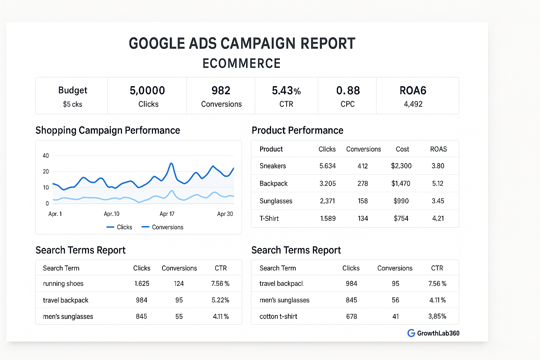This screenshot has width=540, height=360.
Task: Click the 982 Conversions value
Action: click(221, 91)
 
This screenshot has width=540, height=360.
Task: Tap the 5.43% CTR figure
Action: click(286, 91)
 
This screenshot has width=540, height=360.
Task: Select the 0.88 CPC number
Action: click(348, 91)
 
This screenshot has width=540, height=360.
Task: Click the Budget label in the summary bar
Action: click(73, 90)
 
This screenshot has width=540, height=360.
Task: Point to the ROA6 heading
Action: click(413, 91)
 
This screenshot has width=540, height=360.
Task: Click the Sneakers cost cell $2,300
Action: click(401, 166)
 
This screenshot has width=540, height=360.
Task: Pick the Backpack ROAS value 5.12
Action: click(438, 184)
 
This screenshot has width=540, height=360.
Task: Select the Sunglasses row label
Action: click(276, 201)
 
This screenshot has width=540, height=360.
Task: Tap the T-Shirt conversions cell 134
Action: click(363, 219)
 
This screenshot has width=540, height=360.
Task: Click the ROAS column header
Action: click(438, 149)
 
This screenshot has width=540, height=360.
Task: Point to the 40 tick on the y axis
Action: click(46, 156)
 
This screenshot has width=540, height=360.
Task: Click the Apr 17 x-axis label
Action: click(167, 214)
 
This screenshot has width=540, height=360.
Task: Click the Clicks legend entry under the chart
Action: click(120, 227)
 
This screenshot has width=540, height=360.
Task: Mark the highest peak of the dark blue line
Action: click(171, 163)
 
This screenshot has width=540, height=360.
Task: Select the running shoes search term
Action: click(63, 284)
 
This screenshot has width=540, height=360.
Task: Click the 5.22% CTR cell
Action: click(220, 300)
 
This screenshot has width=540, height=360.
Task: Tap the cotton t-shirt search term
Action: click(278, 316)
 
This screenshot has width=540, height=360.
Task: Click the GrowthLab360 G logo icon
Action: click(411, 333)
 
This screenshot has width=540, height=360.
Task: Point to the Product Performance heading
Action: click(297, 130)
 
